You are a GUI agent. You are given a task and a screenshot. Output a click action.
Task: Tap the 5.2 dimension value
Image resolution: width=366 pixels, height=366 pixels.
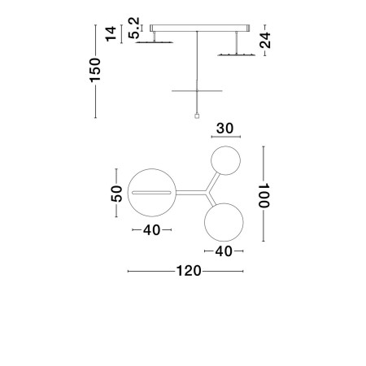[135, 28]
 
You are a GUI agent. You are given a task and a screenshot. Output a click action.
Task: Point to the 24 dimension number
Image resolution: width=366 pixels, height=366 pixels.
[264, 41]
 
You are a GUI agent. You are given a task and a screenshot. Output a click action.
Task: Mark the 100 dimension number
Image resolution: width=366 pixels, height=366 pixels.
[264, 194]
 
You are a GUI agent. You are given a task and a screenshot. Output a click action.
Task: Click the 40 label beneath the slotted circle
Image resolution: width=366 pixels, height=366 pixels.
[151, 230]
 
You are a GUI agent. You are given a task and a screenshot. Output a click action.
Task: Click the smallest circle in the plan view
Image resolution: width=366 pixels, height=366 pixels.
[224, 160]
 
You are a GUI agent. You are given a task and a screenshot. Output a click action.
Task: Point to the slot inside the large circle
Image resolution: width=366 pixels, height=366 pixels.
[152, 193]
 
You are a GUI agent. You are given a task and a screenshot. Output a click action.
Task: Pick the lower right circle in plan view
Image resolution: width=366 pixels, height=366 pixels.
[224, 221]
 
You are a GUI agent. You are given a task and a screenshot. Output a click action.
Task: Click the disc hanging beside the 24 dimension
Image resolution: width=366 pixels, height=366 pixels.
[237, 54]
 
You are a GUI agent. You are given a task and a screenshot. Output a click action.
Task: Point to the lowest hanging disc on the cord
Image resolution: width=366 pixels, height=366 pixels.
[197, 88]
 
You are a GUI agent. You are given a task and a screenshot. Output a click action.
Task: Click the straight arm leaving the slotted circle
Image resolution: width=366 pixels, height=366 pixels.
[189, 193]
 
